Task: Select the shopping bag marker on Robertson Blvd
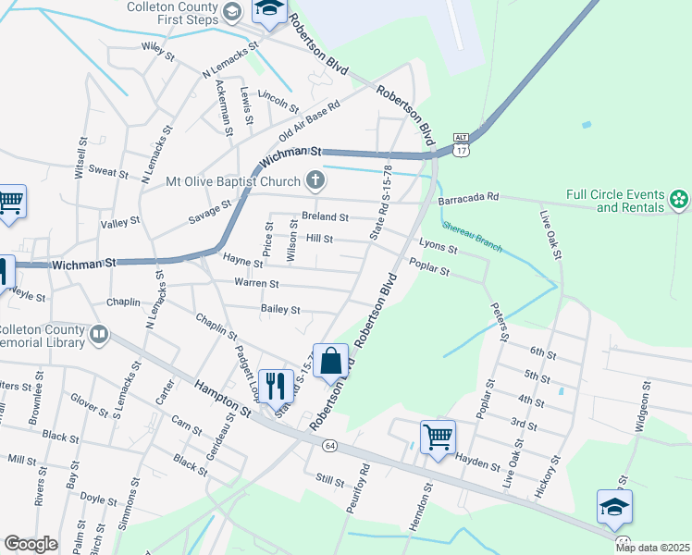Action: (330, 361)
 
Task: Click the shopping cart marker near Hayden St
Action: (438, 436)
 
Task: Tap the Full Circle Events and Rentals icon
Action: (679, 199)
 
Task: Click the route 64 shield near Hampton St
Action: (329, 446)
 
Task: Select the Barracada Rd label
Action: (469, 197)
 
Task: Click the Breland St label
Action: (325, 217)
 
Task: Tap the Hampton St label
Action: (221, 399)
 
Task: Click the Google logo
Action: (31, 544)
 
